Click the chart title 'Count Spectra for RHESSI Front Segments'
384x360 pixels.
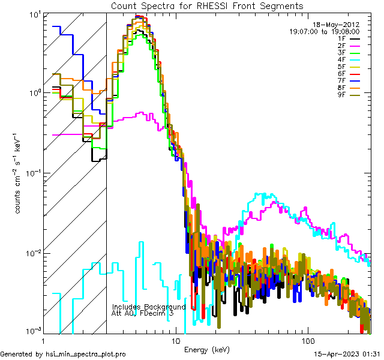(x=207, y=5)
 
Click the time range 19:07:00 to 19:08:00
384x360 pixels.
(x=325, y=31)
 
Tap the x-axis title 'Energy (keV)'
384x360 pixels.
(x=206, y=349)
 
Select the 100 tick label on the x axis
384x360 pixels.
(x=307, y=341)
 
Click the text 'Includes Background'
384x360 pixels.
(x=149, y=307)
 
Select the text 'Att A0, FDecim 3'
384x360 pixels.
(x=143, y=313)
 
